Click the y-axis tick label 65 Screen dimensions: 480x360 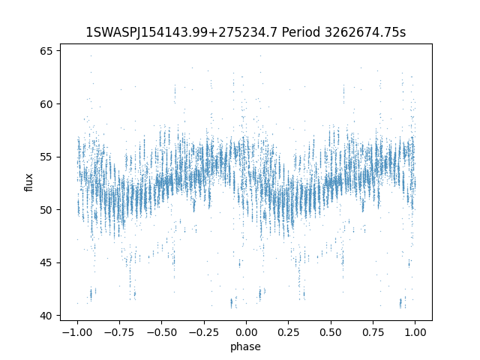click(46, 51)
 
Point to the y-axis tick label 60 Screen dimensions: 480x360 click(46, 104)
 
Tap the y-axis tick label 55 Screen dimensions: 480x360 click(46, 157)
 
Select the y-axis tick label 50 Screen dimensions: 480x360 click(46, 210)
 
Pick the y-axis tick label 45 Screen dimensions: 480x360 click(46, 263)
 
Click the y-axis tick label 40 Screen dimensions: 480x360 click(46, 316)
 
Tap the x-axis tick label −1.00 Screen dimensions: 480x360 click(77, 332)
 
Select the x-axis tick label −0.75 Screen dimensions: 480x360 click(119, 332)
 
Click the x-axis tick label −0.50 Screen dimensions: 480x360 click(162, 332)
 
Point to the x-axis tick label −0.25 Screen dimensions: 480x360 click(204, 332)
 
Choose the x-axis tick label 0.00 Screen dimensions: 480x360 click(246, 332)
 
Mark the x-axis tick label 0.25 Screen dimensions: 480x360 click(288, 332)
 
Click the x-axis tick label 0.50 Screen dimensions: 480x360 click(331, 332)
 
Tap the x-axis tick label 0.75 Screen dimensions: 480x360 click(373, 332)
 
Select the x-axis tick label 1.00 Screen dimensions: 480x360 click(415, 332)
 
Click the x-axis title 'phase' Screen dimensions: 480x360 click(245, 346)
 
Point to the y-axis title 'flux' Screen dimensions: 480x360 click(28, 182)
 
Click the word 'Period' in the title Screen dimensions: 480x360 click(301, 32)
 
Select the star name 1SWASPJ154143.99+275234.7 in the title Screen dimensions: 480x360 click(181, 32)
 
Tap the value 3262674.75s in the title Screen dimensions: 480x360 click(365, 32)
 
